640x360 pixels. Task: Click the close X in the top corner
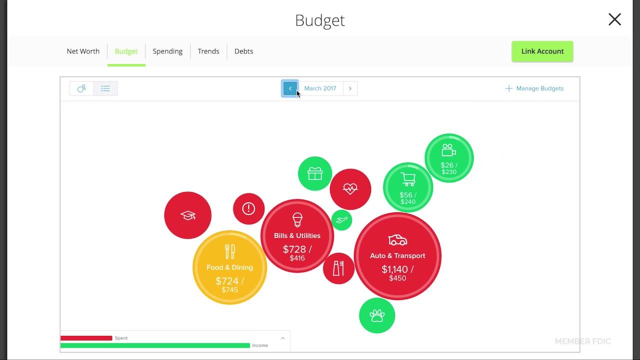point(614,19)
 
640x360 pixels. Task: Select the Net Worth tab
point(83,51)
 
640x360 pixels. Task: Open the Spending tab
point(167,51)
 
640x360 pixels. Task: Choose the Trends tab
point(208,51)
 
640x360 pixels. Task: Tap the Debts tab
point(243,51)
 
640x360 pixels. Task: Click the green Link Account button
point(542,51)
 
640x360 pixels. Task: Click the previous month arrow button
point(290,88)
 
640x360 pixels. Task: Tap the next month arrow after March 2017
point(350,88)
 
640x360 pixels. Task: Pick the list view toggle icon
point(105,88)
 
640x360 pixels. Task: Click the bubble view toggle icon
point(81,88)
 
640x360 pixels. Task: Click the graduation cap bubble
point(187,215)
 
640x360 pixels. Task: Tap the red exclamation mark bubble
point(248,208)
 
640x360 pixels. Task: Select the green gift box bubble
point(315,173)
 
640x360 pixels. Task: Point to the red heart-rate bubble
point(350,189)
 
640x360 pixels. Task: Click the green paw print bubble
point(377,315)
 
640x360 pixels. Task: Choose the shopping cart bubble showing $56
point(408,187)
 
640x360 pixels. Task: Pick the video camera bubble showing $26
point(448,158)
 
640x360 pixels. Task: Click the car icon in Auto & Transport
point(397,240)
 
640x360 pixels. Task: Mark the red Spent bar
point(86,338)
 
